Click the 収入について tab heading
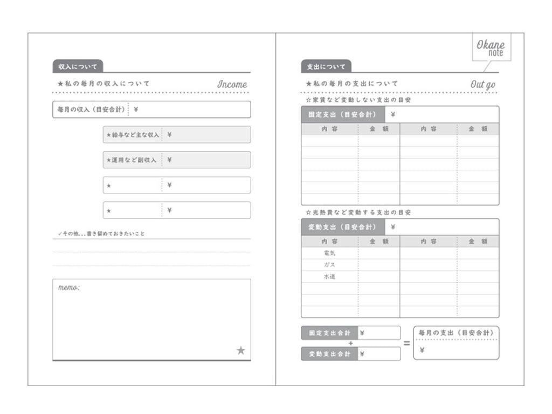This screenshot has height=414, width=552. point(78,67)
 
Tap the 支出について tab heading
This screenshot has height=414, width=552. point(326,67)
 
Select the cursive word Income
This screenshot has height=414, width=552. point(232,84)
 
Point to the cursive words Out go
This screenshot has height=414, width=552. point(482,84)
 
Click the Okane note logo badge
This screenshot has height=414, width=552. point(490,49)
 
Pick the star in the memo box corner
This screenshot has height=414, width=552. point(240,350)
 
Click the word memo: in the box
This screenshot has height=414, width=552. point(69,288)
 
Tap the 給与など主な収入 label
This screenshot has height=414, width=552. point(133,135)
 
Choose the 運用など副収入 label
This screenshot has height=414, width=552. point(132,160)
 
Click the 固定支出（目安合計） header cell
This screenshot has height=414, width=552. point(343,114)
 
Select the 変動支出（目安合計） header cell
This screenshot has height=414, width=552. point(343,227)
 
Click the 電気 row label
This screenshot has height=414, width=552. point(329,253)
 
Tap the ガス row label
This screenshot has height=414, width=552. point(329,265)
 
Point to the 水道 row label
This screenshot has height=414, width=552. point(329,277)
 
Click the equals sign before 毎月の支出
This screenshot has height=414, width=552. point(407,343)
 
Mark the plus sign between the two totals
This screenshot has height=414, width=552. point(350,343)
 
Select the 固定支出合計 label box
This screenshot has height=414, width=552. point(329,333)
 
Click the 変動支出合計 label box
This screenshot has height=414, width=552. point(329,354)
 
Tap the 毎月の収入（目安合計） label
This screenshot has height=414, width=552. point(91,109)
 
